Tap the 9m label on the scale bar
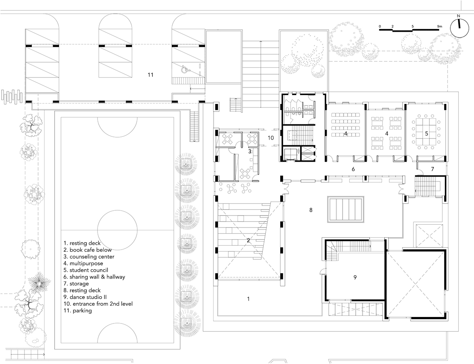pos(439,26)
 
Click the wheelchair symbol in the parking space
pos(184,70)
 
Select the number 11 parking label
pos(151,75)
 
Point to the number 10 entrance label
pos(271,138)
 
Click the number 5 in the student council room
pos(427,133)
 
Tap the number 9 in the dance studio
pos(355,277)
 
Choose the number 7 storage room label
pos(432,169)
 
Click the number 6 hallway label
pos(353,169)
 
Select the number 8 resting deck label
pos(311,210)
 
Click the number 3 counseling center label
pos(250,151)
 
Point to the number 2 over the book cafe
pos(248,241)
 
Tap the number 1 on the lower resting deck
pos(248,299)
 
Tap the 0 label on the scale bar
pos(380,26)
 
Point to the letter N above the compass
pos(458,16)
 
